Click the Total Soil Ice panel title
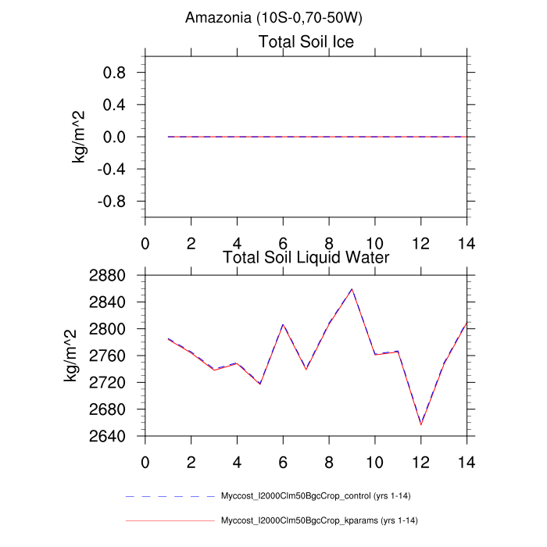[306, 42]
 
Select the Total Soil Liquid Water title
[306, 256]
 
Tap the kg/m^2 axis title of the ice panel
[79, 137]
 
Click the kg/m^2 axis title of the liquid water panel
[71, 356]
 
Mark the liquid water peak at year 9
[352, 289]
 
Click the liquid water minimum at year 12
[421, 425]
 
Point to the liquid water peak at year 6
[283, 324]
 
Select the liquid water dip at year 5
[259, 384]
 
